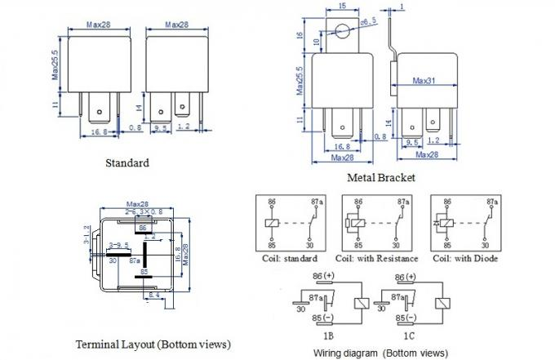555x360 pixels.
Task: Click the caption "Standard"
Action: click(x=127, y=162)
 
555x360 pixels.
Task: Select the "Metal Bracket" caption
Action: click(x=382, y=177)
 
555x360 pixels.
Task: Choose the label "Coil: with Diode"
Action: click(x=464, y=259)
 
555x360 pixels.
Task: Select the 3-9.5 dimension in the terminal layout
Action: click(x=118, y=243)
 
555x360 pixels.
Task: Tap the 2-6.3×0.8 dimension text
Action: click(x=138, y=211)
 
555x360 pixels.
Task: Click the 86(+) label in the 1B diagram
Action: click(x=323, y=275)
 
